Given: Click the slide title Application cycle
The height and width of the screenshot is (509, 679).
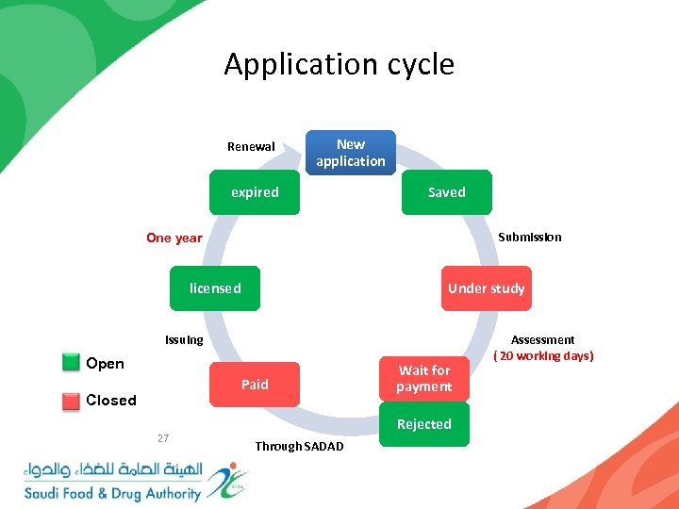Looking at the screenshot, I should [x=339, y=64].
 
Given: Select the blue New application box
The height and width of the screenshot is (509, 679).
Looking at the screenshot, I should [x=351, y=153].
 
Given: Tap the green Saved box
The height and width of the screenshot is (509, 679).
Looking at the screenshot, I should [x=446, y=192].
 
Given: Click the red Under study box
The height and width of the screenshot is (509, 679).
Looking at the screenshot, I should [x=486, y=288].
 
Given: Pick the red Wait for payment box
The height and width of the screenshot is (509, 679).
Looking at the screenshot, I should [x=423, y=379].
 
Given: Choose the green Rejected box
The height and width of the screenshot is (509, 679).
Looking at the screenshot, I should [x=423, y=425].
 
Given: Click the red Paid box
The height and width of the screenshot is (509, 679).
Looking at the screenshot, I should [x=255, y=385].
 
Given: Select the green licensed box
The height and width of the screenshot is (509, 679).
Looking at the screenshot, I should [x=215, y=288].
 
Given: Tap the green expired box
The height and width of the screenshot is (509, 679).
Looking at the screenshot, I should [x=256, y=192].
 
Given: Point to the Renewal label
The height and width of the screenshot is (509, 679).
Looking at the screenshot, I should [x=251, y=147].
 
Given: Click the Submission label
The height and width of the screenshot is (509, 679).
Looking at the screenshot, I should [x=529, y=238].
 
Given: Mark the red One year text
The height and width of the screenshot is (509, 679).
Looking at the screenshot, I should [x=174, y=238].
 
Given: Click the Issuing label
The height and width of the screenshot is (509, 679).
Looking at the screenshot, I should [x=184, y=340].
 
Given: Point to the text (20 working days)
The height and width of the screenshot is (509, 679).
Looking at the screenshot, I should [x=543, y=356].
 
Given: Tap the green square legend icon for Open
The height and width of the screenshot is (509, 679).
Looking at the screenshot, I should [x=71, y=363].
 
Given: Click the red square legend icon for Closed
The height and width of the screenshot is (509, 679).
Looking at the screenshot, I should [x=71, y=401].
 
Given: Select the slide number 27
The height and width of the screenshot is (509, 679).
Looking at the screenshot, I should [x=163, y=438].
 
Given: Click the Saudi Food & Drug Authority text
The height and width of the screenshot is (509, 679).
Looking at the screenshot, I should [x=112, y=493].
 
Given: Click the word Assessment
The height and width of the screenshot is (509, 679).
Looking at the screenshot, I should [x=542, y=340].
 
